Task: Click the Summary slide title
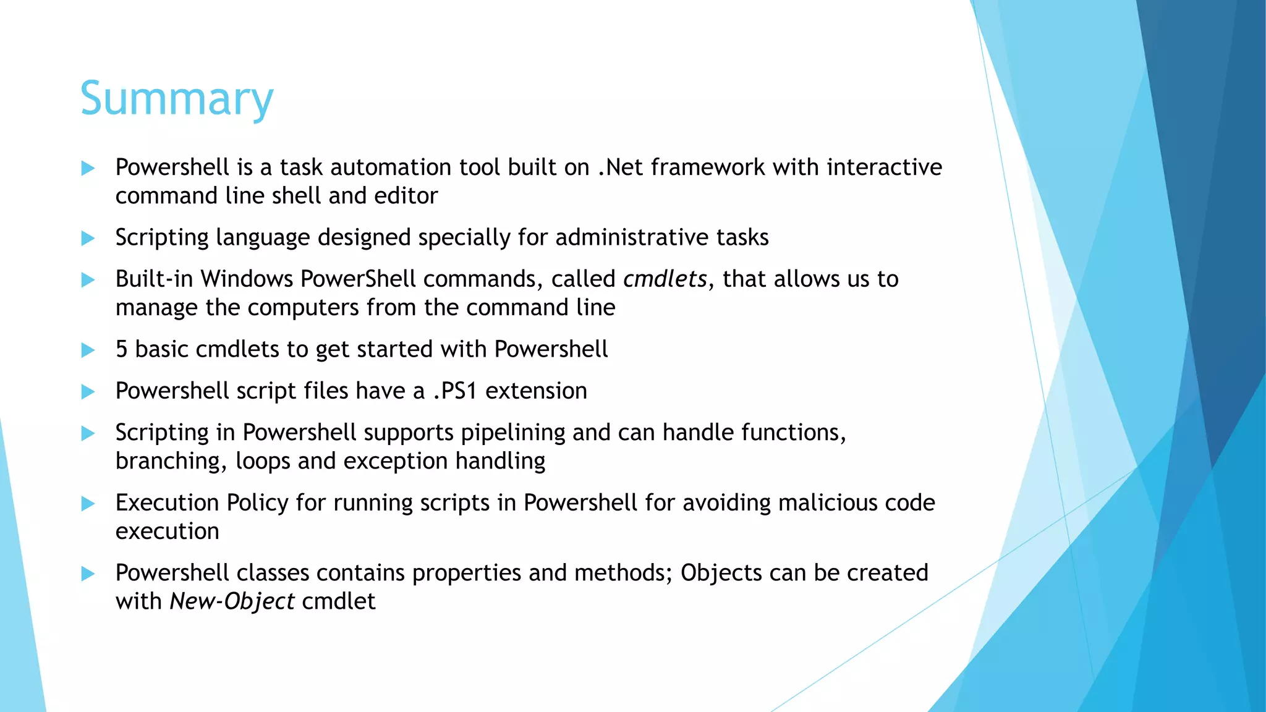[177, 99]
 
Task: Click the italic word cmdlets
[665, 279]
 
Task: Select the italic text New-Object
[232, 601]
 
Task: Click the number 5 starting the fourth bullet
[122, 350]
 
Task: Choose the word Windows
[247, 279]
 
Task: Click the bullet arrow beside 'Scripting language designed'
[88, 239]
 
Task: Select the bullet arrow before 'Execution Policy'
[88, 504]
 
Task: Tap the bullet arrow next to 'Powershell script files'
[88, 392]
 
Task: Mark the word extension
[536, 391]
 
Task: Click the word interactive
[884, 167]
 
